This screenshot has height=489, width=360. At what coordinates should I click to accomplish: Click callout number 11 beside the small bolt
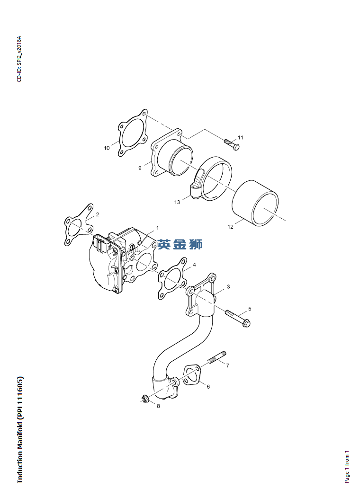pos(241,138)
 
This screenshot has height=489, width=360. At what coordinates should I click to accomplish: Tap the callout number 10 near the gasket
pos(107,148)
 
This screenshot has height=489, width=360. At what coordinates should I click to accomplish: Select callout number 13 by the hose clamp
pos(177,202)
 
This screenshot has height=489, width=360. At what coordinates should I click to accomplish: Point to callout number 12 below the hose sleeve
pos(230,227)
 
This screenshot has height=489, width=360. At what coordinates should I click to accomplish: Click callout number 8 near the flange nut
pos(158,406)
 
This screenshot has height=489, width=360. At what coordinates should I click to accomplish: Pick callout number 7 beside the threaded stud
pos(227,365)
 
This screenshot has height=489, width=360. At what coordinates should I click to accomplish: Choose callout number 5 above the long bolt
pos(250,309)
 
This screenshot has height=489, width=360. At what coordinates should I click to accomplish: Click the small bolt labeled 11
pos(232,144)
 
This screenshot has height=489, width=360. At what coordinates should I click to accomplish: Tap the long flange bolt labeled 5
pos(238,319)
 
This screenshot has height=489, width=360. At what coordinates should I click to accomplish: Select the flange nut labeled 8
pos(144,398)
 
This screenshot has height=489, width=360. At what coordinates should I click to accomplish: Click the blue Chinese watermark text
pos(180,244)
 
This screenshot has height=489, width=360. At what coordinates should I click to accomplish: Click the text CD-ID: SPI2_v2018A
pos(19,59)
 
